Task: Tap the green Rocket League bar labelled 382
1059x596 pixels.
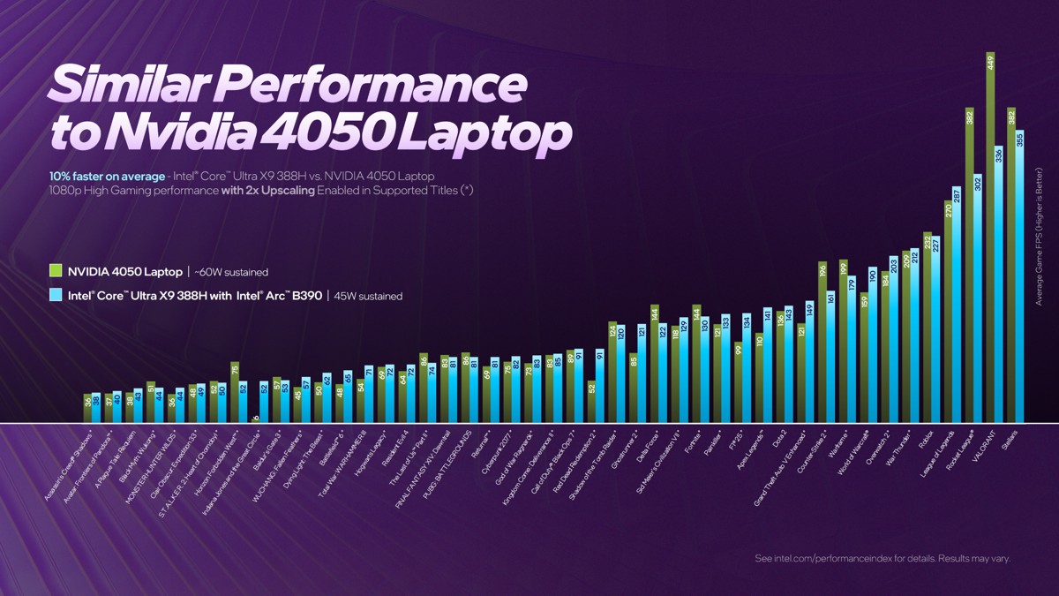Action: click(969, 265)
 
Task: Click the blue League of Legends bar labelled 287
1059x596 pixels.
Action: click(957, 305)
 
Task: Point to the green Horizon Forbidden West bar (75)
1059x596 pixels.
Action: click(235, 392)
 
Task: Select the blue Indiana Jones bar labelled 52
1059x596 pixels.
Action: click(264, 402)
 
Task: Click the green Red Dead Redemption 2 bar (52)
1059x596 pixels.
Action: click(591, 402)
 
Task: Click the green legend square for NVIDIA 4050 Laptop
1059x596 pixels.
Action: click(55, 271)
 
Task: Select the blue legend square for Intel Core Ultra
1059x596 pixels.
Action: click(55, 296)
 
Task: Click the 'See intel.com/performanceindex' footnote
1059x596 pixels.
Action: click(882, 558)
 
